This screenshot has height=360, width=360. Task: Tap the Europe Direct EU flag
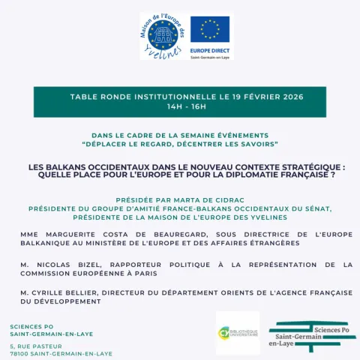tap(210, 30)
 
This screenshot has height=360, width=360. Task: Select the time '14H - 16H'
tap(180, 106)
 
